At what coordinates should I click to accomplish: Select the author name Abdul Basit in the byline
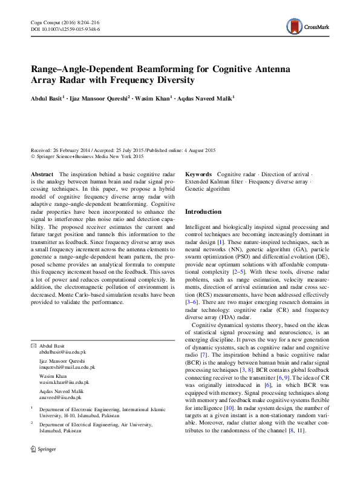[47, 97]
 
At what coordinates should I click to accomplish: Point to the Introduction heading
[203, 211]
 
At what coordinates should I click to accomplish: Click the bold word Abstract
[42, 174]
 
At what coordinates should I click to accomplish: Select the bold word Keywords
[198, 174]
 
